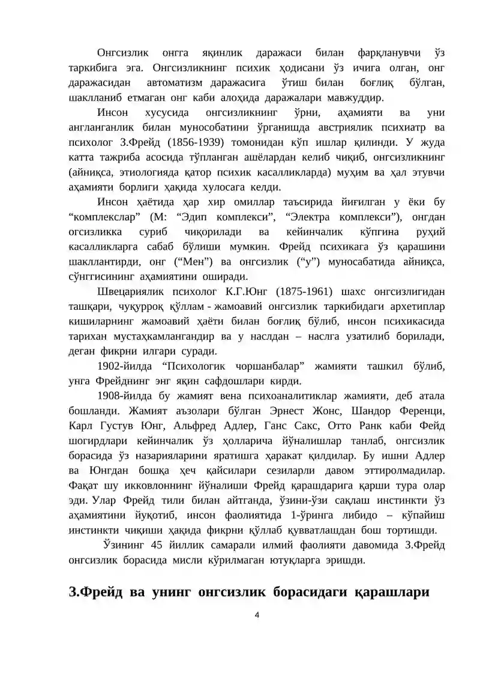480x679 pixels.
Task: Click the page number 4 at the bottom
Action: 257,614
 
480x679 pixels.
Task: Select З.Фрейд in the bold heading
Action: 95,591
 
